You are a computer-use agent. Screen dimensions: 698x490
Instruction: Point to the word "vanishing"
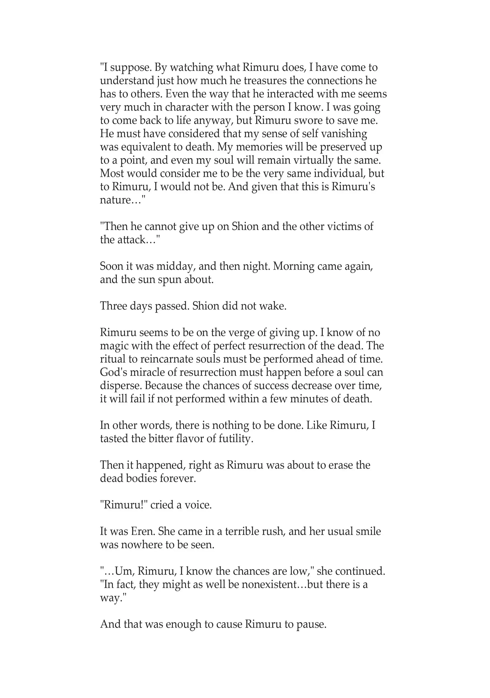click(344, 134)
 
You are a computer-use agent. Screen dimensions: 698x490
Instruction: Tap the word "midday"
click(175, 266)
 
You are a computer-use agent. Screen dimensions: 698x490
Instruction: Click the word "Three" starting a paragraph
click(113, 306)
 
